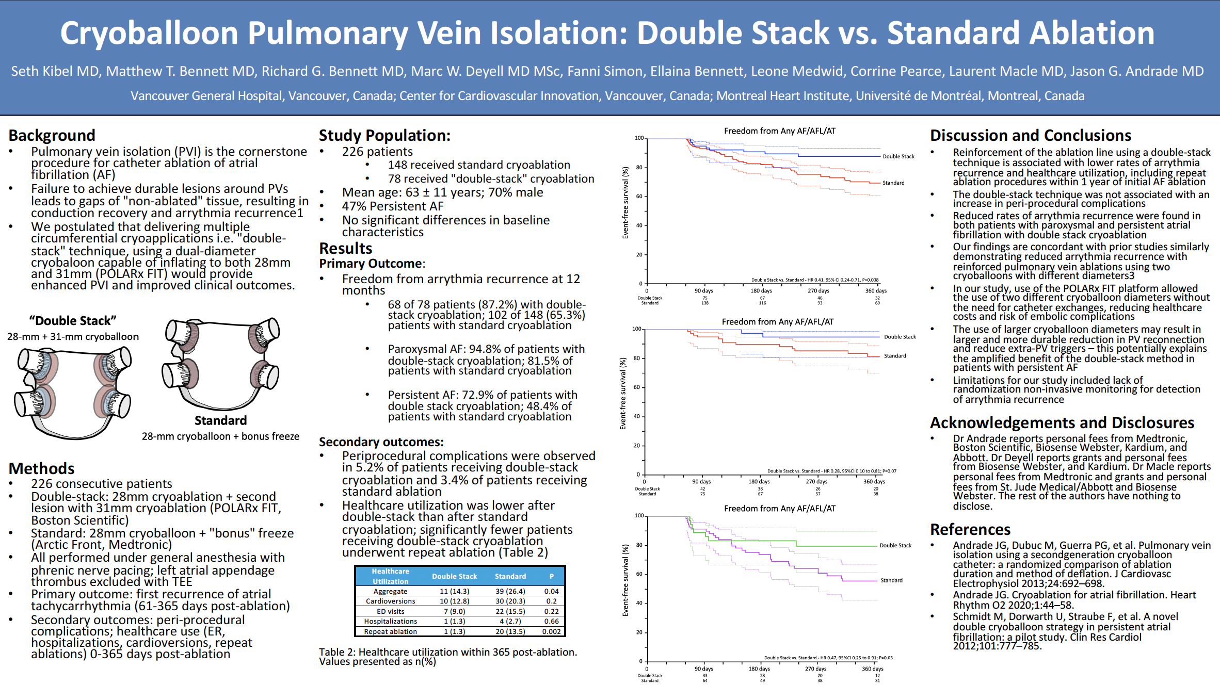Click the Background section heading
pos(52,135)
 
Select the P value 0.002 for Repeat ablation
pos(551,631)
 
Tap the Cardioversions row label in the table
pos(390,601)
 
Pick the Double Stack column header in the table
pos(454,576)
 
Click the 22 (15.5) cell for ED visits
pos(510,611)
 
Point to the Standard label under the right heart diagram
pos(220,420)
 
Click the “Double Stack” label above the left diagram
pos(73,320)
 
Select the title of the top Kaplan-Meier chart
pos(779,131)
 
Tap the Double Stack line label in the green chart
pos(895,545)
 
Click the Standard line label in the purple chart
pos(891,580)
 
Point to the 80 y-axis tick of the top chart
pos(639,167)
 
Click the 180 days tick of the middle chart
pos(759,481)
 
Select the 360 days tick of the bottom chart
pos(873,668)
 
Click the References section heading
pos(970,529)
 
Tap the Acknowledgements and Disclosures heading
pos(1062,422)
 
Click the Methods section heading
pos(42,468)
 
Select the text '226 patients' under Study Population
pos(377,152)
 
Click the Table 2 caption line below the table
pos(447,652)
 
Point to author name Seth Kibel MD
pos(55,71)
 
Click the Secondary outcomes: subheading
pos(381,442)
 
